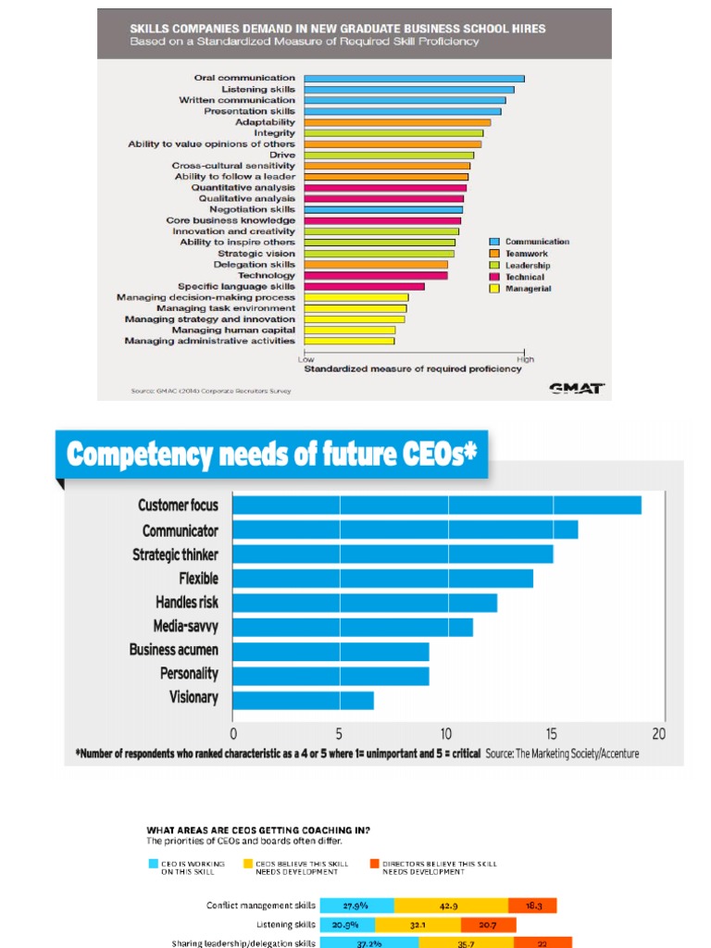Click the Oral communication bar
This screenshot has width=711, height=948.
point(414,79)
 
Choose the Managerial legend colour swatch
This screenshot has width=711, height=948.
point(494,289)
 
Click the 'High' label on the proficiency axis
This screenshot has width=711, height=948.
point(525,359)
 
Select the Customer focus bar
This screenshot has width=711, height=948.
point(436,505)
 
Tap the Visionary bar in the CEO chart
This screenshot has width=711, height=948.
point(303,699)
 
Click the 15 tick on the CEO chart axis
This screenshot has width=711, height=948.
point(552,734)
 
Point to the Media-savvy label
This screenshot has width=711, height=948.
point(185,627)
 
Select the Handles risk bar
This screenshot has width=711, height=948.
point(364,603)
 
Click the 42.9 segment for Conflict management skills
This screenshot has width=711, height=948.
point(451,905)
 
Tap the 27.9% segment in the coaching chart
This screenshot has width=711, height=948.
point(356,905)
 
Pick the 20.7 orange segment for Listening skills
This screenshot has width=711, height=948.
point(488,924)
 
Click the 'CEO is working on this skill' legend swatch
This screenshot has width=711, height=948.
point(155,864)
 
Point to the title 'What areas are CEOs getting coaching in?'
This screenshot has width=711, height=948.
point(252,829)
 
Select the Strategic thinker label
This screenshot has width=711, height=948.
point(175,555)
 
